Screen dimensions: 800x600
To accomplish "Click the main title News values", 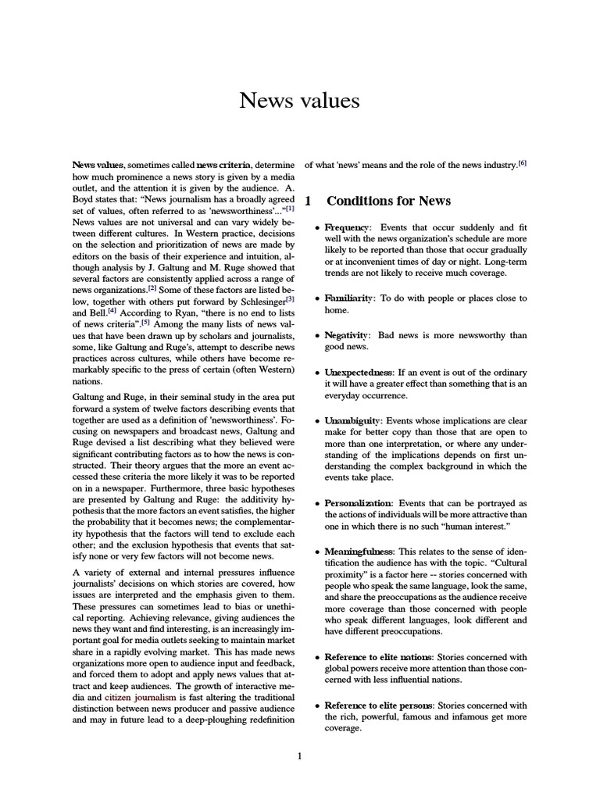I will pos(299,101).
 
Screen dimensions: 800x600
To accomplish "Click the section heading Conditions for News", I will pos(388,201).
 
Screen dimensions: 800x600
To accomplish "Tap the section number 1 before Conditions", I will pos(308,201).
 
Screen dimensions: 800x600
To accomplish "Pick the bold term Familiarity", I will pos(349,298).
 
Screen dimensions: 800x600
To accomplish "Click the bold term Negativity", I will pos(347,334).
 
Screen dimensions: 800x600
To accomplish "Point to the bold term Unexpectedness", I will pos(359,372).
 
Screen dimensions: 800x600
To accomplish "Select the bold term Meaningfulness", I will pos(360,551).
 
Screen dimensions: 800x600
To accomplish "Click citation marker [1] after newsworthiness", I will pos(290,208).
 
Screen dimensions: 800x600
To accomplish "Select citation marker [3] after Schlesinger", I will pos(290,298).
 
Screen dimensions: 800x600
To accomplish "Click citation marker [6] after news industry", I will pos(523,162).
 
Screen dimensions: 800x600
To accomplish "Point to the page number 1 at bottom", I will pos(299,755).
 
